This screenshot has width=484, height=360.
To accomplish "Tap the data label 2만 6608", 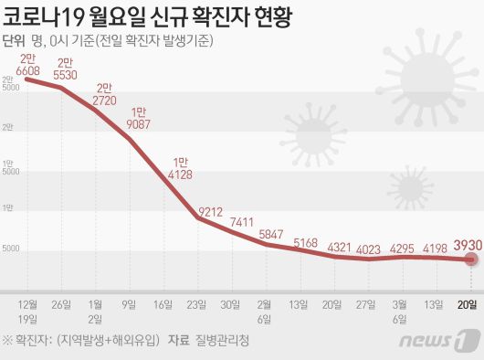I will click(x=27, y=62).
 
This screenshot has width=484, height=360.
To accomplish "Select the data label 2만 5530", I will click(x=65, y=69).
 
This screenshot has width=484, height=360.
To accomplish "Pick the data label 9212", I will click(x=209, y=212).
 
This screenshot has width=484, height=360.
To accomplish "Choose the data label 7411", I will click(x=242, y=221).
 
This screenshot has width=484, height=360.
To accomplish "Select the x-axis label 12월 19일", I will click(x=27, y=310).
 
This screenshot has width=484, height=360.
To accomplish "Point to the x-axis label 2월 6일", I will click(x=263, y=310).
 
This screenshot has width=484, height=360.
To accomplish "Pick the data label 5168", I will click(x=309, y=242).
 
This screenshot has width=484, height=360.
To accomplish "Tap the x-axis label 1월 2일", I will click(x=94, y=310).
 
